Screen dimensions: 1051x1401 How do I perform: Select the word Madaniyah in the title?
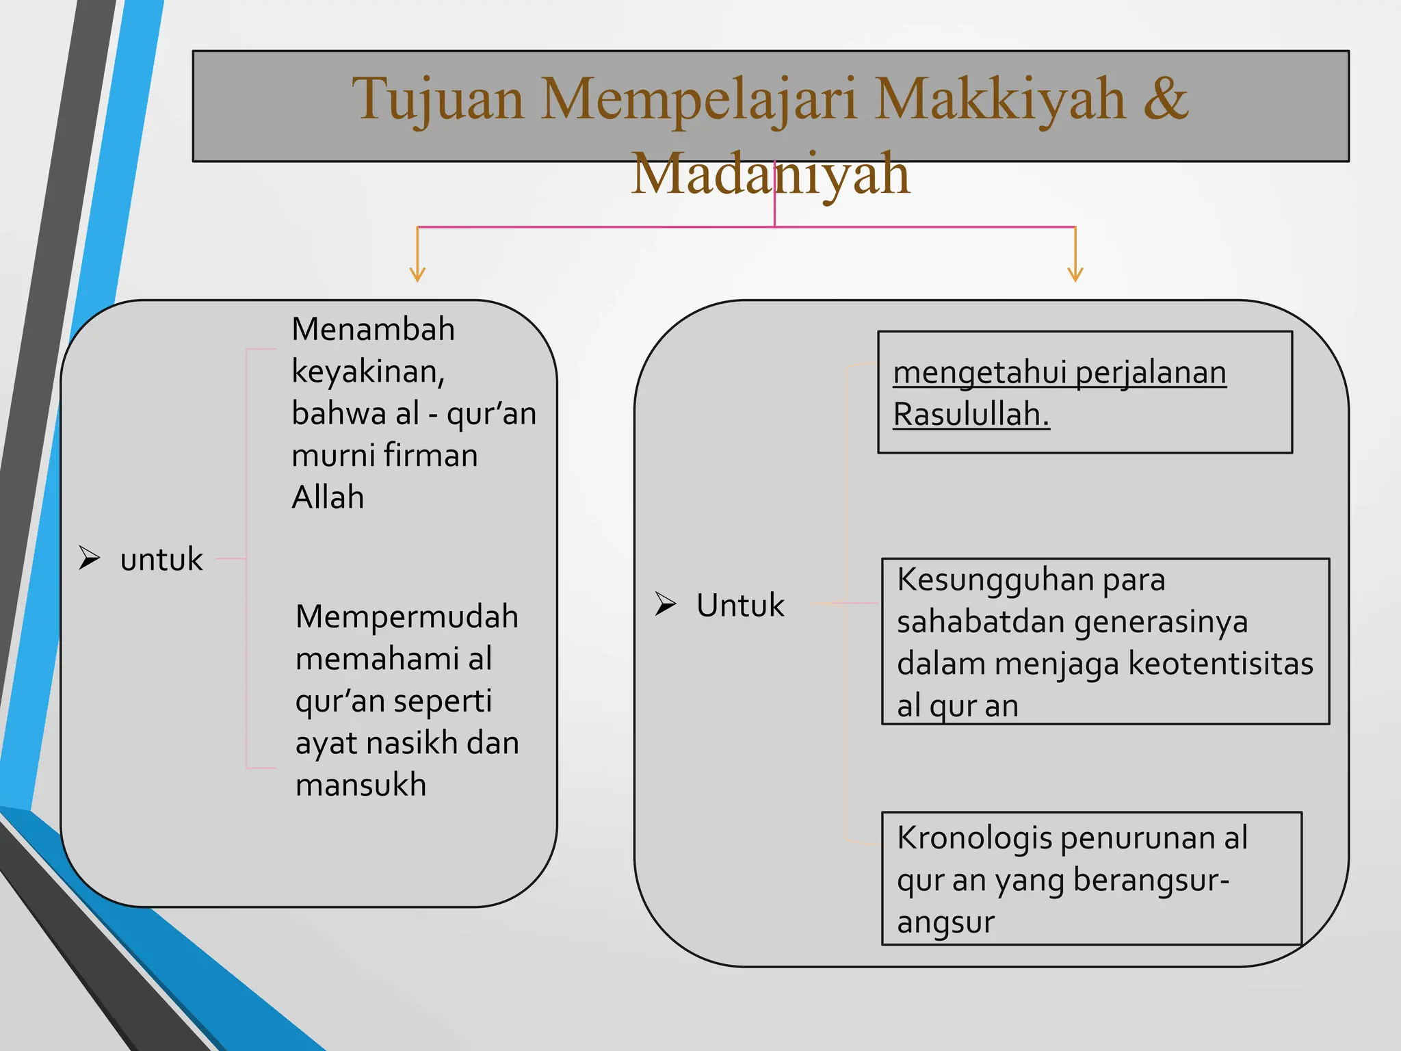770,174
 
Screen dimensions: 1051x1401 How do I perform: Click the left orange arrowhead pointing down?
417,274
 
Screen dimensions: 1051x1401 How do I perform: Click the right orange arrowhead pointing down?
1075,274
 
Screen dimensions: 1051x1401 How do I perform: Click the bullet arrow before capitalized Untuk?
665,604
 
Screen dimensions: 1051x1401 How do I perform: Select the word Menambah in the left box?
373,329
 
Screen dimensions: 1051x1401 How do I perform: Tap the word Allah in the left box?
328,497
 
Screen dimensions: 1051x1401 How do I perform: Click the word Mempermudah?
406,617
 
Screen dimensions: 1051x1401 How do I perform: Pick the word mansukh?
361,785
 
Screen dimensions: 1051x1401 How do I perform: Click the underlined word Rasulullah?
971,415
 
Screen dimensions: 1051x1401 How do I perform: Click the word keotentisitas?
1220,664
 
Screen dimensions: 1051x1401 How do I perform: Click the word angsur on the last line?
945,922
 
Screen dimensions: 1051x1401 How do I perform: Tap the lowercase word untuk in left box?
161,560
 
